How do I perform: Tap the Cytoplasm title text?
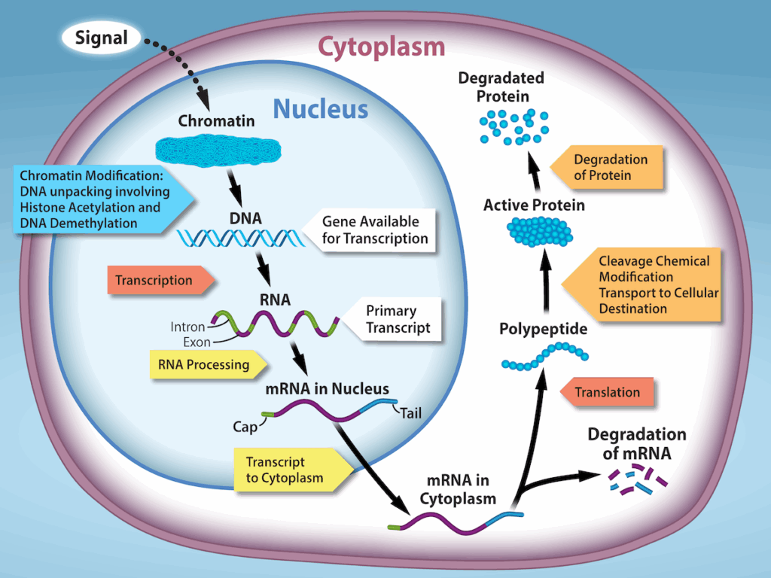coord(381,47)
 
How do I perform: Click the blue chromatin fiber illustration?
coord(216,150)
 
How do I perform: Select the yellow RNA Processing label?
coord(207,365)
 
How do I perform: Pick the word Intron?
coord(187,327)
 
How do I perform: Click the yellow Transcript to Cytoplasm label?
coord(289,470)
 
